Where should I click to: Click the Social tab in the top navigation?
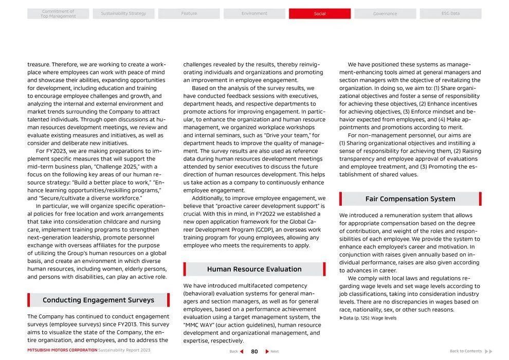pos(319,14)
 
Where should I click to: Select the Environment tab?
pos(254,14)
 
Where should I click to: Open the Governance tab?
pos(385,14)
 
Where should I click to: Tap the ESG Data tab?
pos(450,14)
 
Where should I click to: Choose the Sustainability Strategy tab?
pos(123,14)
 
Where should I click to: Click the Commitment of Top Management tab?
pos(58,14)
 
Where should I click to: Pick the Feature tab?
pos(189,14)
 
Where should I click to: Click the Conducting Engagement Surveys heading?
pos(98,300)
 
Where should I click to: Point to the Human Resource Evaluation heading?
pos(254,269)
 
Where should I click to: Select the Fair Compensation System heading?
pos(410,199)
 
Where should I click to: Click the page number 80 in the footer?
pos(254,352)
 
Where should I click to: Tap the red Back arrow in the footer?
pos(242,352)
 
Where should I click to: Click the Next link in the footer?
pos(274,352)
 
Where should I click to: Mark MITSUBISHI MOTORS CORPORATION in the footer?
pos(62,351)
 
